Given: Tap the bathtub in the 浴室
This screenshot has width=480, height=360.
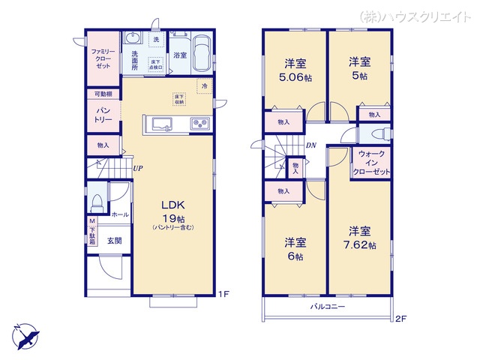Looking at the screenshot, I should (x=199, y=56).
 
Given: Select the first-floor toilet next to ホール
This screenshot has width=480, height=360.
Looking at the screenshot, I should (x=97, y=202).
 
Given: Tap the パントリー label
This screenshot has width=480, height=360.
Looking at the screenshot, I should (x=102, y=115).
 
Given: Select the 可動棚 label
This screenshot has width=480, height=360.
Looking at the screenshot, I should (x=102, y=94).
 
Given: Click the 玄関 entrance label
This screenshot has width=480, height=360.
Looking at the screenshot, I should (x=114, y=241).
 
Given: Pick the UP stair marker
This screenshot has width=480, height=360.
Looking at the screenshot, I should (x=138, y=168).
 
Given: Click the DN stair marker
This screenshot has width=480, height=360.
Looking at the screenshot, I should (x=310, y=146).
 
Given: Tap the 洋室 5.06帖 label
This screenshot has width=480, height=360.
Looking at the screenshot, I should (x=294, y=69).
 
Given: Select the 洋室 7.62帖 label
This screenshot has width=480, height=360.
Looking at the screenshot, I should (x=361, y=238).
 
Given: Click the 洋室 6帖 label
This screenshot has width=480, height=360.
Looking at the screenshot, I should (x=294, y=249).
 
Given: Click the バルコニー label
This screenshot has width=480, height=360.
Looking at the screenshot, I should (x=327, y=307).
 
